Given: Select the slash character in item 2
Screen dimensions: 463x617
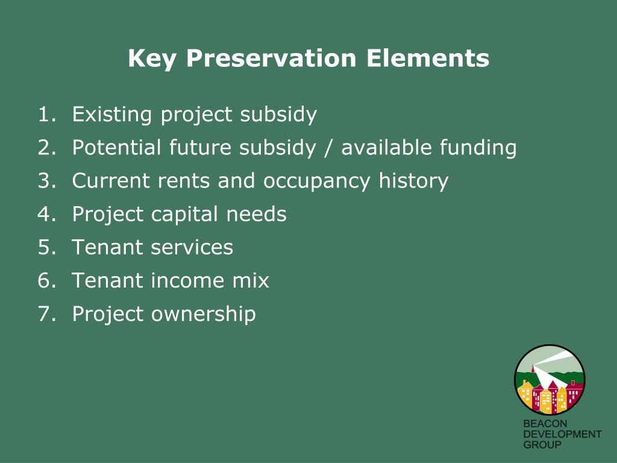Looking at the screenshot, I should click(x=328, y=148).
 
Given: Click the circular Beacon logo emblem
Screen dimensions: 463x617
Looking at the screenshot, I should click(x=550, y=380).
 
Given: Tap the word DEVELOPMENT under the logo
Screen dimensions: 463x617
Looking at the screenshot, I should click(x=562, y=435).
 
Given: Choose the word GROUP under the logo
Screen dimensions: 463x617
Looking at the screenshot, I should click(x=542, y=445).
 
